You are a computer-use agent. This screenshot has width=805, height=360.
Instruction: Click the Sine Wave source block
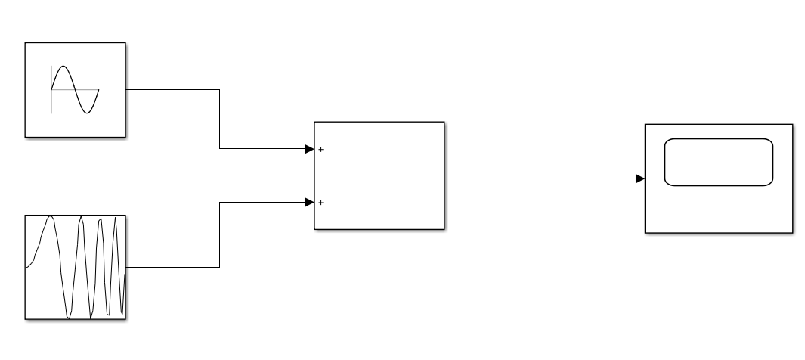pos(76,89)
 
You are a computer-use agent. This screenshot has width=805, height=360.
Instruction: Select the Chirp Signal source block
pos(76,267)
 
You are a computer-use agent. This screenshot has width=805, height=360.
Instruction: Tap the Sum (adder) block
pos(379,175)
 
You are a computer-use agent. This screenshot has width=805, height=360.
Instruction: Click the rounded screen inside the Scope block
pos(719,161)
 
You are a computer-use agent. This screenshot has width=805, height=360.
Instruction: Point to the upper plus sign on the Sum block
pos(321,150)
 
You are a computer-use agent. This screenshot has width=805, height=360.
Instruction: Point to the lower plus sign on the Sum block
pos(321,203)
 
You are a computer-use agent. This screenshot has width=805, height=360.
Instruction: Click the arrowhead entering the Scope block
pos(639,178)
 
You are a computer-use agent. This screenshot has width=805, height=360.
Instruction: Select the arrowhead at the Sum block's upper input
pos(309,149)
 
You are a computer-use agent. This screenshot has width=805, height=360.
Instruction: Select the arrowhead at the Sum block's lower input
pos(309,202)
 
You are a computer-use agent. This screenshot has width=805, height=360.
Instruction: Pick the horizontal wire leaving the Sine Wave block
pos(172,89)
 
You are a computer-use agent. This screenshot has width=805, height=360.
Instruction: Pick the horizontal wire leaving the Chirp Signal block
pos(172,267)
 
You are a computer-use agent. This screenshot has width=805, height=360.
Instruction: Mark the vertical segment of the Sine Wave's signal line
pos(219,119)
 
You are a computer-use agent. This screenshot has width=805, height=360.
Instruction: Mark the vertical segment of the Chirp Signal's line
pos(219,234)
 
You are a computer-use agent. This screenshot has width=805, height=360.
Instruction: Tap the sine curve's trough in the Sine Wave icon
pos(88,113)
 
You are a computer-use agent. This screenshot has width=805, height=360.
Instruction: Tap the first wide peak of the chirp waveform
pos(51,217)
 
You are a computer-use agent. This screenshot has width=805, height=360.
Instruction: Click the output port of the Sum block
pos(444,178)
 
